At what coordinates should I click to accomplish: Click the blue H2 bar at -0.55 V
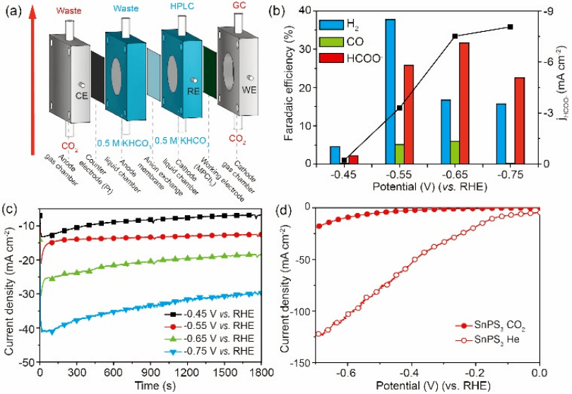coord(390,91)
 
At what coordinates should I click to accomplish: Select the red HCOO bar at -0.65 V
coord(464,103)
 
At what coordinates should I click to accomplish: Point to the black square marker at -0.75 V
coord(510,27)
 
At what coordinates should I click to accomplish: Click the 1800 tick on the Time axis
coord(261,371)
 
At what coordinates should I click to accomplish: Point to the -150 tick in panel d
coord(301,362)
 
